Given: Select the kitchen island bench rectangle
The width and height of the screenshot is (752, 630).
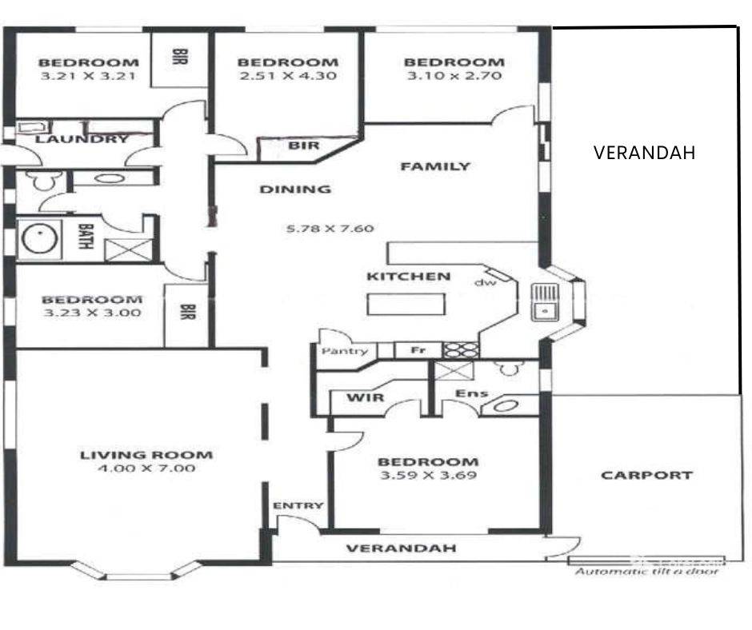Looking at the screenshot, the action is coord(406,305).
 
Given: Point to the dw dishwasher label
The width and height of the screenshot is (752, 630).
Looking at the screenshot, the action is coord(486,282).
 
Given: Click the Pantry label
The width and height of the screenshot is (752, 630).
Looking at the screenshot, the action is coord(345,351).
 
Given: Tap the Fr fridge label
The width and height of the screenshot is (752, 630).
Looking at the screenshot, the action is coord(417,350).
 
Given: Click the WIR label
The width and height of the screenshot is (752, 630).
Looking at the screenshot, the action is coord(366,397).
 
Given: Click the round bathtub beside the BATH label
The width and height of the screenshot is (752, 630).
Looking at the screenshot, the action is coord(37,240).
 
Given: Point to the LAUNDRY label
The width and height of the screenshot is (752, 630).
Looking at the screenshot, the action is coord(71,139).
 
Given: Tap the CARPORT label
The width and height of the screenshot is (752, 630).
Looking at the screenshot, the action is coord(646,475).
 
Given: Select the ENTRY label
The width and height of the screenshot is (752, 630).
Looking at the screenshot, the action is coord(298,505).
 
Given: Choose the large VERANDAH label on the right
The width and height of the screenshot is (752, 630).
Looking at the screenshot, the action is coord(645,153).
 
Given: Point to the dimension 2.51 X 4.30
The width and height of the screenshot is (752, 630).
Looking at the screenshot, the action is coord(287,77).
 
